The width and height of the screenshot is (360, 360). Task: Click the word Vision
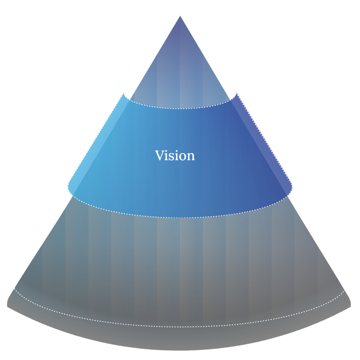pyautogui.click(x=175, y=156)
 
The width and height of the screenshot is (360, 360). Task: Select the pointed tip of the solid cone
pyautogui.click(x=180, y=16)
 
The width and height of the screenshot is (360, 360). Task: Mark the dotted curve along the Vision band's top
pyautogui.click(x=180, y=108)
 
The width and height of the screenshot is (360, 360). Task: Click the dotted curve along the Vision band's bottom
pyautogui.click(x=180, y=217)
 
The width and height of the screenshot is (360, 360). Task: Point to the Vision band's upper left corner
pyautogui.click(x=126, y=95)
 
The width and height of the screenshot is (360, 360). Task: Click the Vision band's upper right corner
pyautogui.click(x=236, y=95)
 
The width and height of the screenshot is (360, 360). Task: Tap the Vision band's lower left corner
pyautogui.click(x=68, y=188)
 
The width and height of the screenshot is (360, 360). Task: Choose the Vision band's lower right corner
pyautogui.click(x=292, y=188)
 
